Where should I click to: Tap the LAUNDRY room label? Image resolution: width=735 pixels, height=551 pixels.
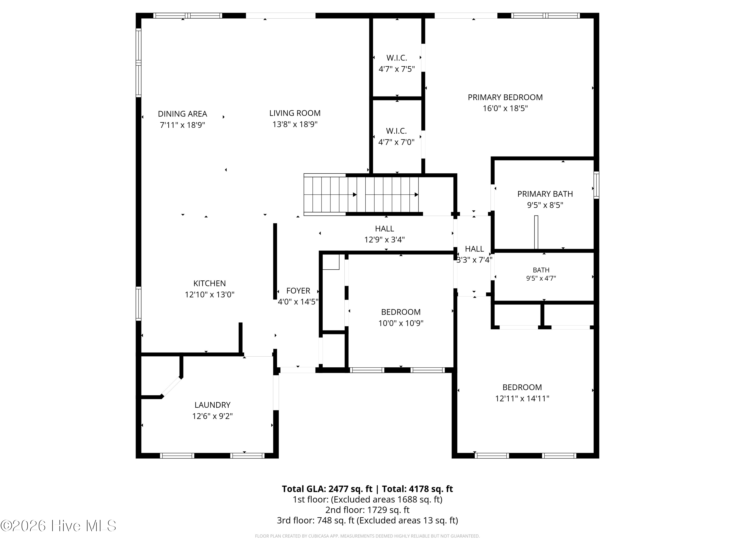coord(212,405)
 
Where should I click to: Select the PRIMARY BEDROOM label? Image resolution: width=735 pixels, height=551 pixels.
coord(505,97)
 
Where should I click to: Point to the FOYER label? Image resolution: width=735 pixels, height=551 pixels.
coord(298,291)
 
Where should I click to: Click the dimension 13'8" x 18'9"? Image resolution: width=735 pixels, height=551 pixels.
coord(295,124)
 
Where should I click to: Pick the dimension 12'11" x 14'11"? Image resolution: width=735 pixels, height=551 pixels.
coord(522,398)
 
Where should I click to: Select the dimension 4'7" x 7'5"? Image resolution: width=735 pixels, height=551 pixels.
coord(397,69)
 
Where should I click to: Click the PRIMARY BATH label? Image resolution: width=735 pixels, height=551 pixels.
coord(545,194)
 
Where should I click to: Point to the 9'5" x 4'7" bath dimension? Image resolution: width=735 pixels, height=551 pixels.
coord(541,278)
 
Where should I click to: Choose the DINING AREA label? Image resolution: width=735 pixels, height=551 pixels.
coord(183,114)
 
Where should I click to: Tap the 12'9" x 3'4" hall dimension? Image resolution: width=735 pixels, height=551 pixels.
coord(384,240)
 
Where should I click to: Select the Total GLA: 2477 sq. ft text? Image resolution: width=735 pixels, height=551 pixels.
coord(327,489)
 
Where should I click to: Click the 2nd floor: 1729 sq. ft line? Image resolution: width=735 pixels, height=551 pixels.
coord(367,510)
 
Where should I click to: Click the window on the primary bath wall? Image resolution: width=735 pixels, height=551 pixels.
coord(596,185)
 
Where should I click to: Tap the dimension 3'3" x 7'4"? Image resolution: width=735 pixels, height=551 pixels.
coord(474,260)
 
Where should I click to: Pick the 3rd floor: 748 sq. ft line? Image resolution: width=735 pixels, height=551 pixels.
coord(367,520)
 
